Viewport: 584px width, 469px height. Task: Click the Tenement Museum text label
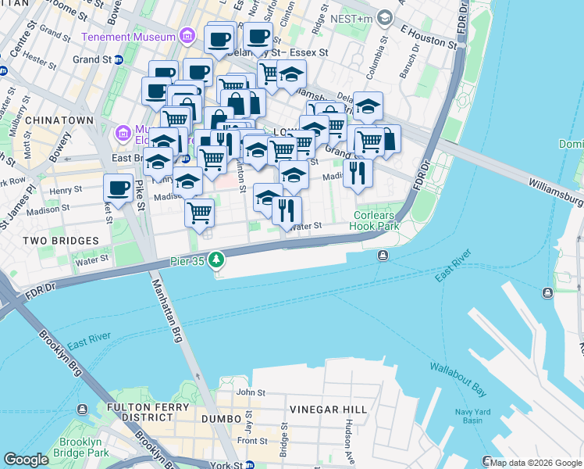[x=128, y=37]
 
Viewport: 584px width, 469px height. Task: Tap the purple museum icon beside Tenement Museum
[x=187, y=36]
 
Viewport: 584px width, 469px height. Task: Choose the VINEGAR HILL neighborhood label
[x=324, y=410]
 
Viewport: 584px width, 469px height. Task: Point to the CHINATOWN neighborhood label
[x=59, y=120]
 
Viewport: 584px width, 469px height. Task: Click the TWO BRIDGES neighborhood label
[x=61, y=241]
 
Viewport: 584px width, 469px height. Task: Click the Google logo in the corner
[x=26, y=460]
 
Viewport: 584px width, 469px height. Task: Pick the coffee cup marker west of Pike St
[x=118, y=188]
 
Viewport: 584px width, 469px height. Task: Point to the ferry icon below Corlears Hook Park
[x=383, y=256]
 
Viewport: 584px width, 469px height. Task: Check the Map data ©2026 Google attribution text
[x=536, y=463]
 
